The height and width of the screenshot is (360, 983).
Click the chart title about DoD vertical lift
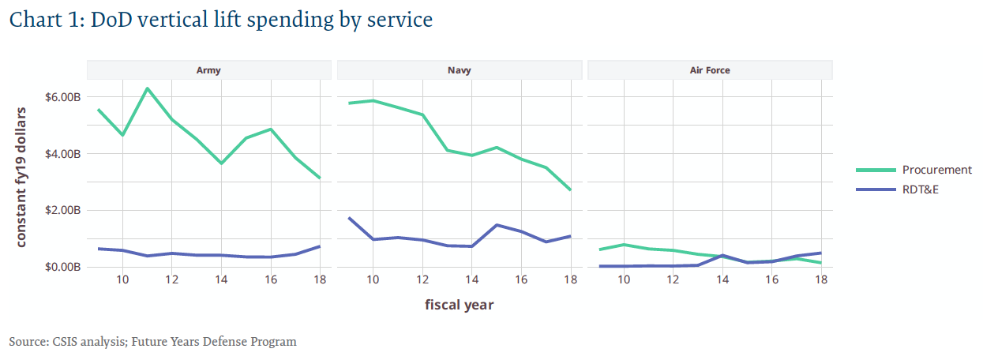click(221, 21)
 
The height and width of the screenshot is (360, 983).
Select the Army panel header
click(208, 70)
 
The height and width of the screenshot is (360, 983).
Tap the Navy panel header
click(459, 70)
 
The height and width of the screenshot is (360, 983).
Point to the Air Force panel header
click(710, 70)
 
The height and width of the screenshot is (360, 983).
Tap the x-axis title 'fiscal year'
click(459, 304)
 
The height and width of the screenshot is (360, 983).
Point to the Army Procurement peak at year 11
click(147, 88)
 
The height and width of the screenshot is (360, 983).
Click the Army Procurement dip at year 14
click(221, 163)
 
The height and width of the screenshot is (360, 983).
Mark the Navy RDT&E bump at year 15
click(497, 225)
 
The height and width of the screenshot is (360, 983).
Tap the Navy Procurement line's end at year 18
click(570, 190)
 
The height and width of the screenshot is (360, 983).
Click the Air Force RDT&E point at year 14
click(722, 255)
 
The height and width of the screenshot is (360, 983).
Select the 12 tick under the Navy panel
click(422, 280)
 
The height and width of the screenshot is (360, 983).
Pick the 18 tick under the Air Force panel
click(821, 280)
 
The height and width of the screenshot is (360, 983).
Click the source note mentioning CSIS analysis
click(153, 342)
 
